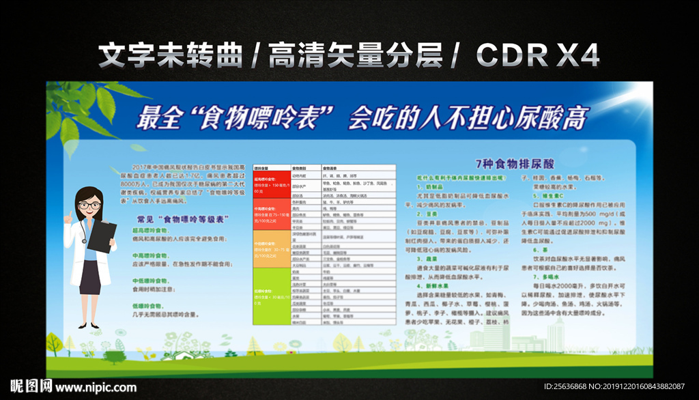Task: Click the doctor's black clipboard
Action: click(102, 236)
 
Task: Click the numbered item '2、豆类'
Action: click(429, 213)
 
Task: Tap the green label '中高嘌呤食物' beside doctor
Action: click(151, 255)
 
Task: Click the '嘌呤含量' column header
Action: click(261, 167)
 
